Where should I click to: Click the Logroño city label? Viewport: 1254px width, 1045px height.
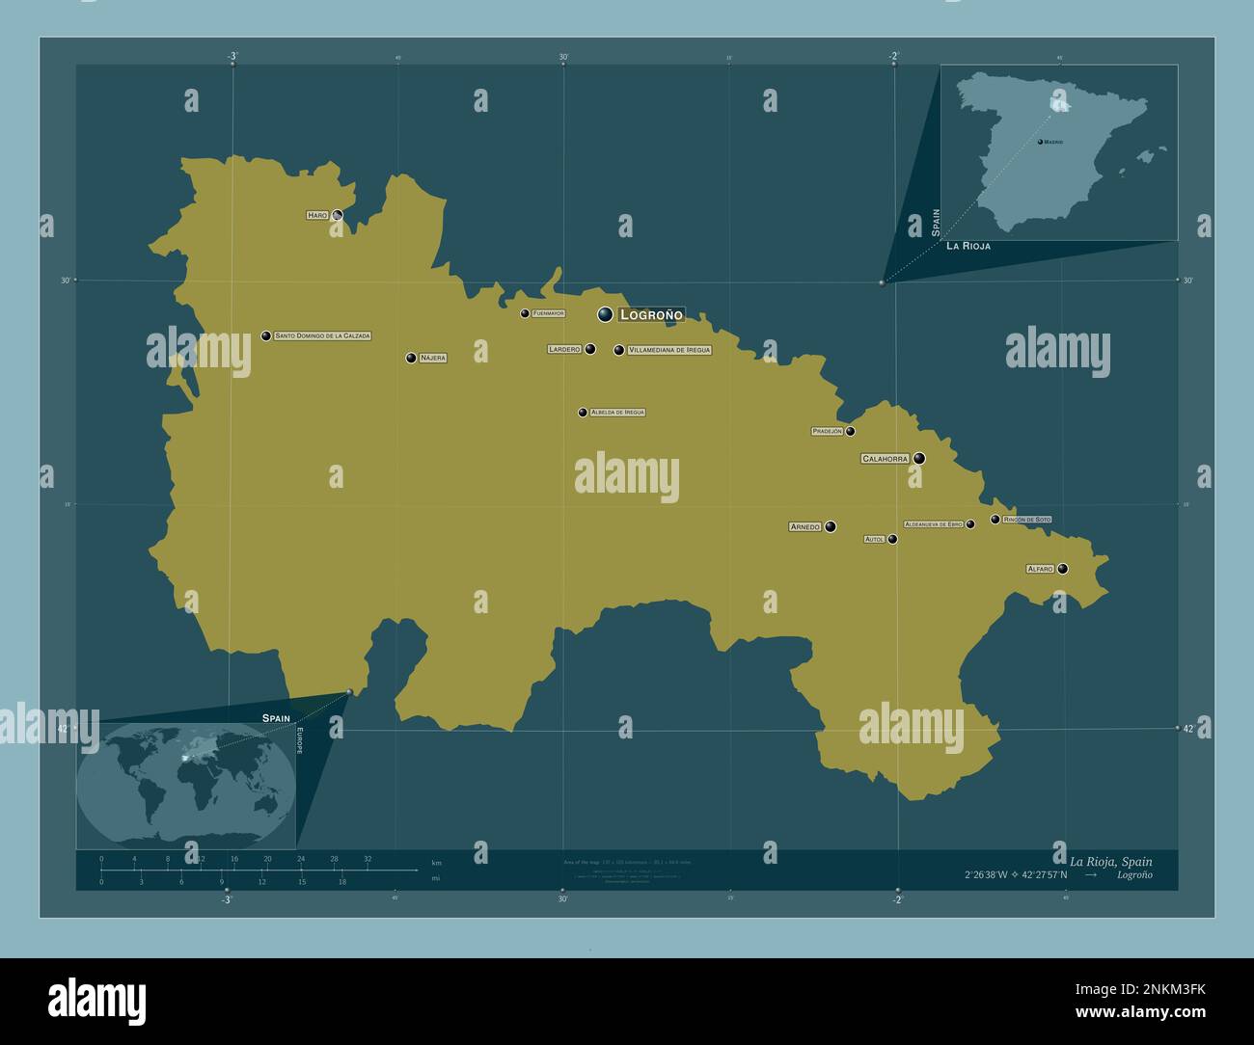point(651,314)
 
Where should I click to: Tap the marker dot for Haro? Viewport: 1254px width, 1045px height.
point(338,215)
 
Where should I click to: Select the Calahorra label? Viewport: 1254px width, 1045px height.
point(886,459)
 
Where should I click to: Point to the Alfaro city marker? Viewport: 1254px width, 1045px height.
point(1063,569)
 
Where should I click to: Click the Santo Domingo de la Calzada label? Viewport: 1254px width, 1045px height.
point(322,336)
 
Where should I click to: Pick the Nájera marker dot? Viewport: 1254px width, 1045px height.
point(411,358)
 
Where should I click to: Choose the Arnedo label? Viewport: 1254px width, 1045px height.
point(804,526)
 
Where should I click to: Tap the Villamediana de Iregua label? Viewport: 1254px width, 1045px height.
point(668,350)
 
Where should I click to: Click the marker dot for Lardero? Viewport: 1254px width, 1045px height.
point(590,349)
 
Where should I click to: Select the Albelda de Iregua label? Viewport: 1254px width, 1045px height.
point(617,413)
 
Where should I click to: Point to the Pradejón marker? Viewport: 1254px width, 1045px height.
point(851,431)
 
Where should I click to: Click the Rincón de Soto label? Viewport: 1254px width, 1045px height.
point(1027,520)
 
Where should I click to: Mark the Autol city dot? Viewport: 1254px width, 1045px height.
point(893,539)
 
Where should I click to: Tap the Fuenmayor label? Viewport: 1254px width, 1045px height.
point(548,313)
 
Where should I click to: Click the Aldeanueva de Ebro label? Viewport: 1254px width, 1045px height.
point(934,523)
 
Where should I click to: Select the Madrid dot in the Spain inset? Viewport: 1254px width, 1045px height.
point(1040,142)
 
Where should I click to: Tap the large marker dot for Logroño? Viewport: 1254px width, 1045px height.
point(605,314)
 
